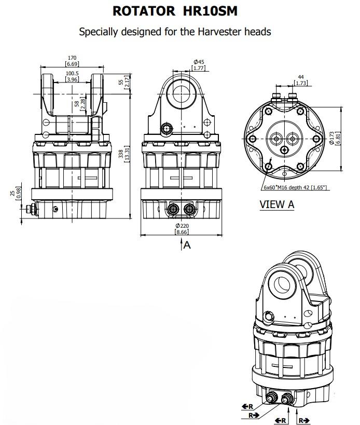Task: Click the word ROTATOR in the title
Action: click(144, 11)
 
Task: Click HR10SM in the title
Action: click(210, 11)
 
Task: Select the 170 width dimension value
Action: click(72, 58)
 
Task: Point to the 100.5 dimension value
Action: click(72, 74)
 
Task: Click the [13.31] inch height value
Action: click(127, 154)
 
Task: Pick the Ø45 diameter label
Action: click(199, 62)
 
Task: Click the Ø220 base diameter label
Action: click(182, 226)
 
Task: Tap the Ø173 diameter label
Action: click(332, 138)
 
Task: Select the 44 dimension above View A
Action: click(301, 77)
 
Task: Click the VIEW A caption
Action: click(277, 204)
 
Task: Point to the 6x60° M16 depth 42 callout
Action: click(295, 187)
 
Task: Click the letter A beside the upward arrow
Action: click(187, 245)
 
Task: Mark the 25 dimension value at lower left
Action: click(12, 193)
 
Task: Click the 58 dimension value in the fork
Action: click(77, 104)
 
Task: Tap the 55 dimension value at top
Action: click(121, 81)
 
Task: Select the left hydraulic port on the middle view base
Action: click(173, 209)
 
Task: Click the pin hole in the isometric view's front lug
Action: click(282, 284)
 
